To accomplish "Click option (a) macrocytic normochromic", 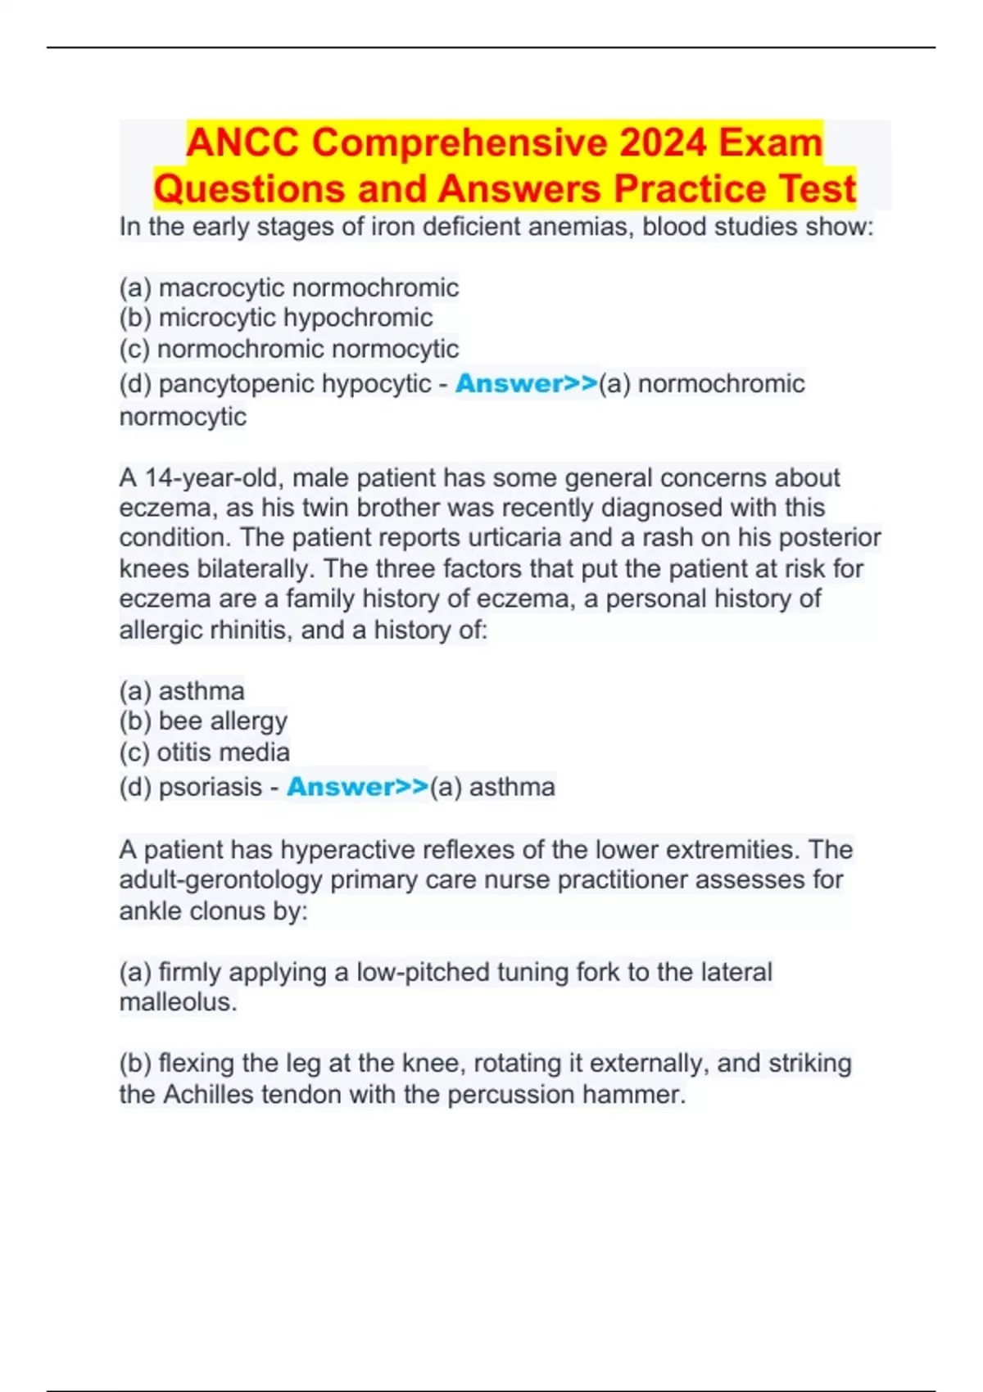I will click(288, 287).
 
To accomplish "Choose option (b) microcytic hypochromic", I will click(276, 318).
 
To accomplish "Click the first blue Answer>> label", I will click(526, 383).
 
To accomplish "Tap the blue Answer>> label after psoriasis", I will click(357, 787).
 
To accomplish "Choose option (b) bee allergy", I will click(203, 721).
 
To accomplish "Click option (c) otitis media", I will click(204, 752).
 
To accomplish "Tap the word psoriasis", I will click(211, 787).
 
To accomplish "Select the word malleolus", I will click(178, 1002).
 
